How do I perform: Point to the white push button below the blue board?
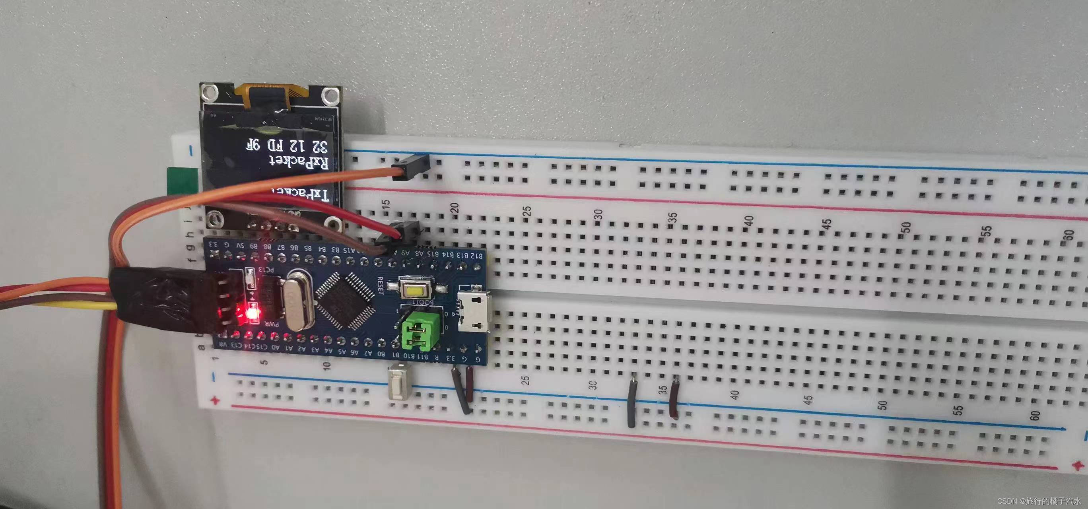[397, 383]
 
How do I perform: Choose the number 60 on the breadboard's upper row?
[1069, 235]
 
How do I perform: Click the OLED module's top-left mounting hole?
[209, 91]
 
